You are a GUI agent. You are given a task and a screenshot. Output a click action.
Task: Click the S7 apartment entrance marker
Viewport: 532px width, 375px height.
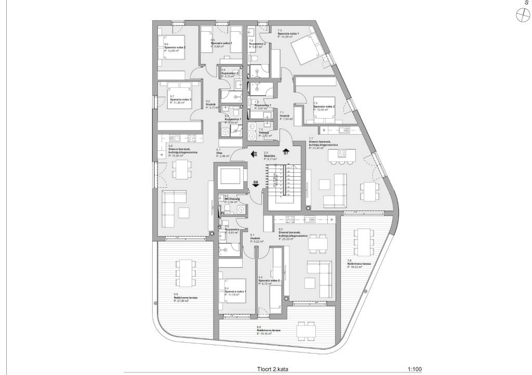[286, 152]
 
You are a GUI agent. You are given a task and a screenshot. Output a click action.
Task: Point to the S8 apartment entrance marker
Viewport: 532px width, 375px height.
[255, 183]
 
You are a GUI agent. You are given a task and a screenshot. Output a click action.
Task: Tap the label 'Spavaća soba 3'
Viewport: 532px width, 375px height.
[180, 99]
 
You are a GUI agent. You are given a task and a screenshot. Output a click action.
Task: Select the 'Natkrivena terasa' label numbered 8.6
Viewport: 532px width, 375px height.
[269, 330]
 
